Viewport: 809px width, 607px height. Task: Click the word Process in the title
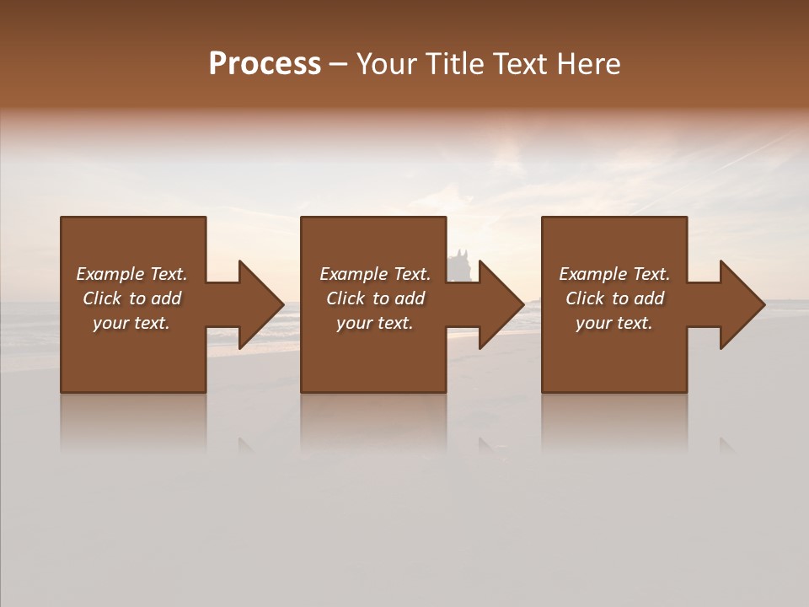pyautogui.click(x=265, y=64)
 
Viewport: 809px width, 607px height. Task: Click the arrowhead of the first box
pyautogui.click(x=260, y=304)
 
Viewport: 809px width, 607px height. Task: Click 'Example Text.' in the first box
pyautogui.click(x=131, y=274)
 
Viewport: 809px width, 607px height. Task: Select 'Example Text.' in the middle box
pyautogui.click(x=374, y=274)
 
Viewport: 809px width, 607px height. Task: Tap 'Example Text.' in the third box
pyautogui.click(x=614, y=274)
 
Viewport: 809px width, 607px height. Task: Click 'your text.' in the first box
pyautogui.click(x=131, y=323)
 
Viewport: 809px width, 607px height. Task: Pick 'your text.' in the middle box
pyautogui.click(x=374, y=323)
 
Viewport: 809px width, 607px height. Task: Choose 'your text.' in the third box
pyautogui.click(x=614, y=323)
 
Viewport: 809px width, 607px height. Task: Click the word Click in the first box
pyautogui.click(x=103, y=298)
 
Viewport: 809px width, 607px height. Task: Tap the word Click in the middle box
pyautogui.click(x=346, y=298)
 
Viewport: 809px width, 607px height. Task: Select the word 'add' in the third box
pyautogui.click(x=649, y=298)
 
